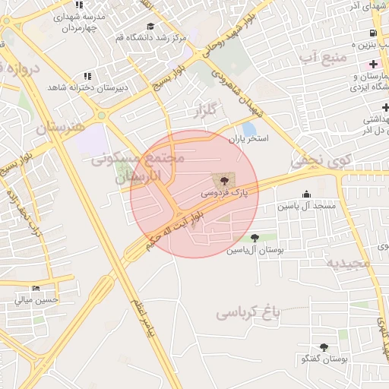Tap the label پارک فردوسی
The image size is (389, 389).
click(x=223, y=194)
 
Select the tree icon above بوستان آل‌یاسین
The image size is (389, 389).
click(x=254, y=238)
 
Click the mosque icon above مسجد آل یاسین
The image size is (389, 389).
click(x=306, y=194)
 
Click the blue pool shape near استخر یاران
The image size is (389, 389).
click(x=249, y=128)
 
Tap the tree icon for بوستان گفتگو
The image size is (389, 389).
click(x=324, y=346)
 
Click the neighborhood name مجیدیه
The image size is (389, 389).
click(x=347, y=263)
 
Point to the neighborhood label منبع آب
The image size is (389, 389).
click(x=322, y=57)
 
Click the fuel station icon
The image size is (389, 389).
click(x=372, y=33)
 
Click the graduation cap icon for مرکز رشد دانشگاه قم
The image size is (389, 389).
click(x=150, y=26)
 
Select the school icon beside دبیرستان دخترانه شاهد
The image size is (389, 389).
click(x=88, y=76)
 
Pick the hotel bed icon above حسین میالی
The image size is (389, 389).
click(x=36, y=288)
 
